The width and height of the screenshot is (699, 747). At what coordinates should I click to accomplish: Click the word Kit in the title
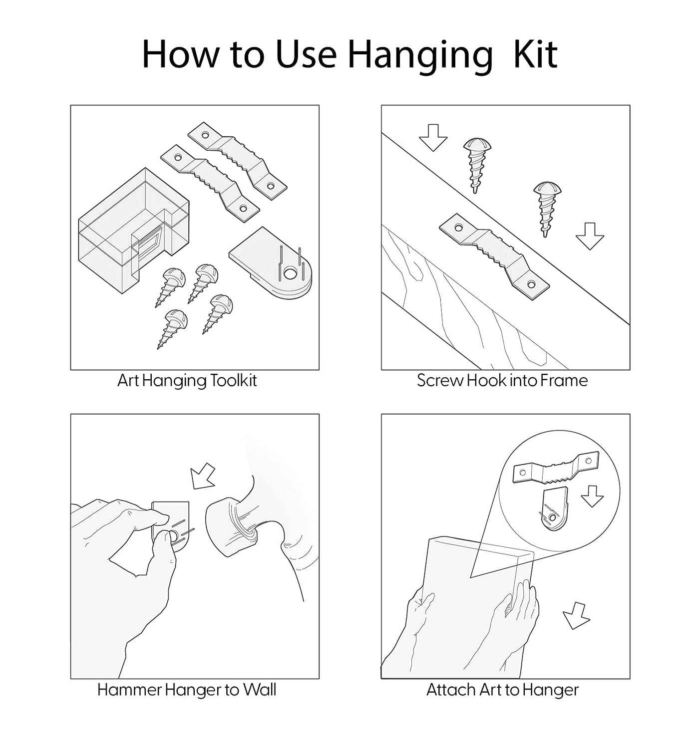pyautogui.click(x=535, y=54)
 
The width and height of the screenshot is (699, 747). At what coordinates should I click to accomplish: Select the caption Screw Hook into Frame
pyautogui.click(x=502, y=381)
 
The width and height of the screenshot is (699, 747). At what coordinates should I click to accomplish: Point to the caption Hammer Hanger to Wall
pyautogui.click(x=187, y=690)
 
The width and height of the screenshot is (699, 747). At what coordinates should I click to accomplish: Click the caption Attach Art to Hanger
pyautogui.click(x=502, y=690)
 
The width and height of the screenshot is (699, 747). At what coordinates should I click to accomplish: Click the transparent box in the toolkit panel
pyautogui.click(x=134, y=230)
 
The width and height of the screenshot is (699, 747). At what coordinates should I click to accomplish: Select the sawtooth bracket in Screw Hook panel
pyautogui.click(x=494, y=256)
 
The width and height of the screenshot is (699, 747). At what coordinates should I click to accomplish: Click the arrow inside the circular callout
pyautogui.click(x=592, y=496)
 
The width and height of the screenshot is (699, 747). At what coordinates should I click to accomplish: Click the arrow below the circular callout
pyautogui.click(x=576, y=616)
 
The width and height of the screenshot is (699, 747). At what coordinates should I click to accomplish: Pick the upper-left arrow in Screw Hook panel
pyautogui.click(x=433, y=138)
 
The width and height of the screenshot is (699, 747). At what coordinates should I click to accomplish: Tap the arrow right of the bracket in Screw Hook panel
pyautogui.click(x=590, y=236)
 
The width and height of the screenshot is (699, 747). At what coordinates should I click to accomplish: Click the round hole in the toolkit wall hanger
pyautogui.click(x=290, y=273)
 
